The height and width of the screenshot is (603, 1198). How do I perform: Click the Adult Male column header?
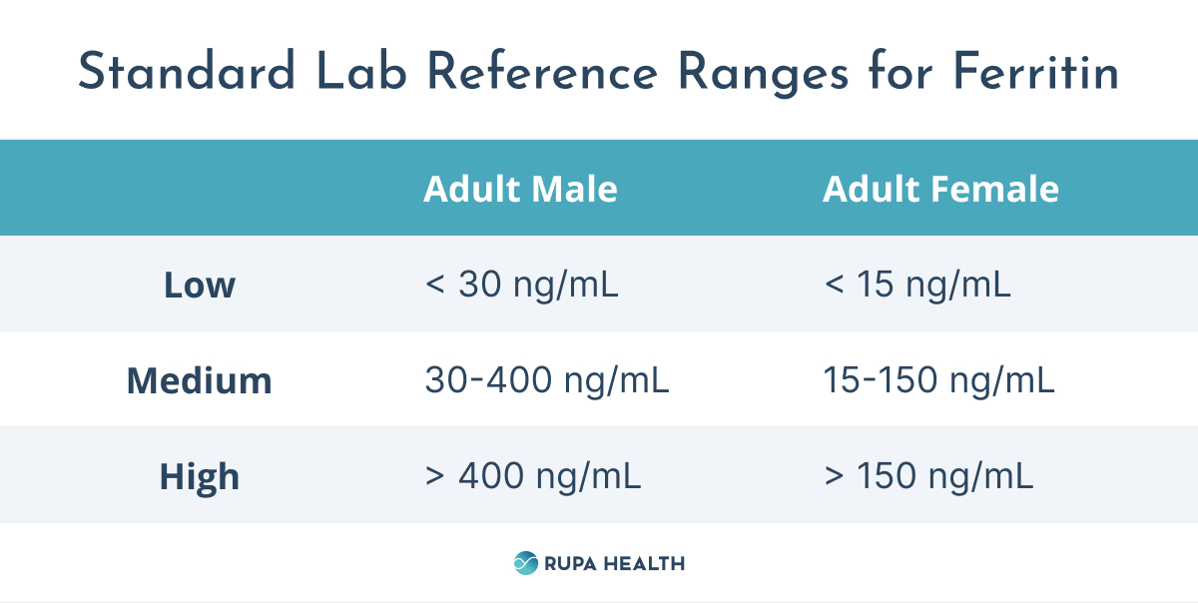tap(520, 189)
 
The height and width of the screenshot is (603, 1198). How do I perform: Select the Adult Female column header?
tap(940, 189)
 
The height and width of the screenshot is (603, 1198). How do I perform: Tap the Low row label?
tap(200, 286)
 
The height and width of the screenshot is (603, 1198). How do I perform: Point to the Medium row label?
tap(200, 380)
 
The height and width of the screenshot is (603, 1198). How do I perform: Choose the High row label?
tap(200, 476)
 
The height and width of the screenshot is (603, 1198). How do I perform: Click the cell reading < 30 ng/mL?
tap(521, 286)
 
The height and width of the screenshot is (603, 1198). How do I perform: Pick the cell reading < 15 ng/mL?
tap(917, 286)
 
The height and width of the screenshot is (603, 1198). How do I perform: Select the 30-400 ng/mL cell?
tap(547, 380)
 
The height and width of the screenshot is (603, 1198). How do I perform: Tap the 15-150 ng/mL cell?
tap(938, 380)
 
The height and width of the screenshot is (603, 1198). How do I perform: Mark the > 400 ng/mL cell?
tap(533, 476)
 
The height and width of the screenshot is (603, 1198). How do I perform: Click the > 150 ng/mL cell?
tap(928, 476)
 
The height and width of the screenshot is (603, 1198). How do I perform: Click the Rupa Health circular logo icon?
tap(525, 563)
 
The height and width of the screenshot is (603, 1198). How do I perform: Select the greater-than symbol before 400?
tap(434, 477)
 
